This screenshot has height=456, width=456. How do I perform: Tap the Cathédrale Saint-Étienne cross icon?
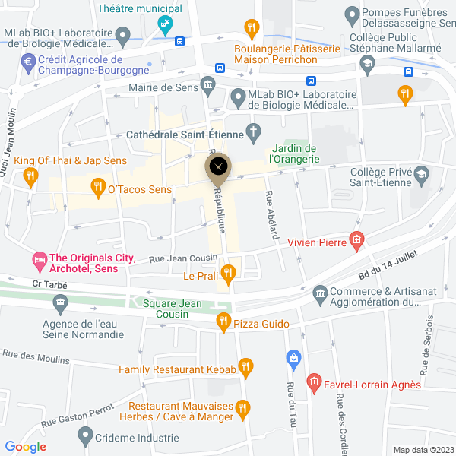click(x=253, y=134)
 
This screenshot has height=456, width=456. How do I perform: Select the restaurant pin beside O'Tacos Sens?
click(x=97, y=185)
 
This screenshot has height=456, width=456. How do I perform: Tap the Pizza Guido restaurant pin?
click(x=223, y=322)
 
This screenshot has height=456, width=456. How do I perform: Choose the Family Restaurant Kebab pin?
click(x=245, y=368)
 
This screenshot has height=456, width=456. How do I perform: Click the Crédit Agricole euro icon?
click(x=30, y=62)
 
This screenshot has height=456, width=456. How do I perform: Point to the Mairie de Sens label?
click(x=163, y=87)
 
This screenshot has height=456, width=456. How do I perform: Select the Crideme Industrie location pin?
click(x=85, y=436)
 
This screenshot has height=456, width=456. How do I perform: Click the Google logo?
click(x=26, y=447)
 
